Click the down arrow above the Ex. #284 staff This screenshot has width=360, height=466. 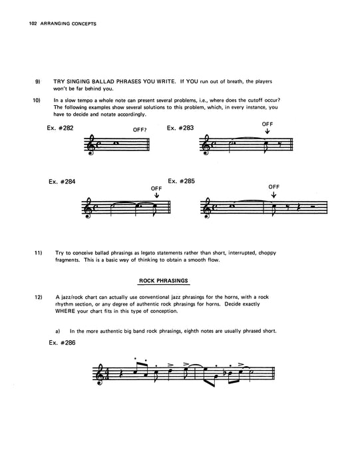[157, 196]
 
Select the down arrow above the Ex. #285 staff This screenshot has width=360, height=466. [275, 196]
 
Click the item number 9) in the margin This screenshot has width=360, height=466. [38, 81]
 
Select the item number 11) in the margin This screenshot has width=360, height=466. [39, 253]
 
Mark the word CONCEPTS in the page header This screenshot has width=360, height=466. [81, 25]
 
